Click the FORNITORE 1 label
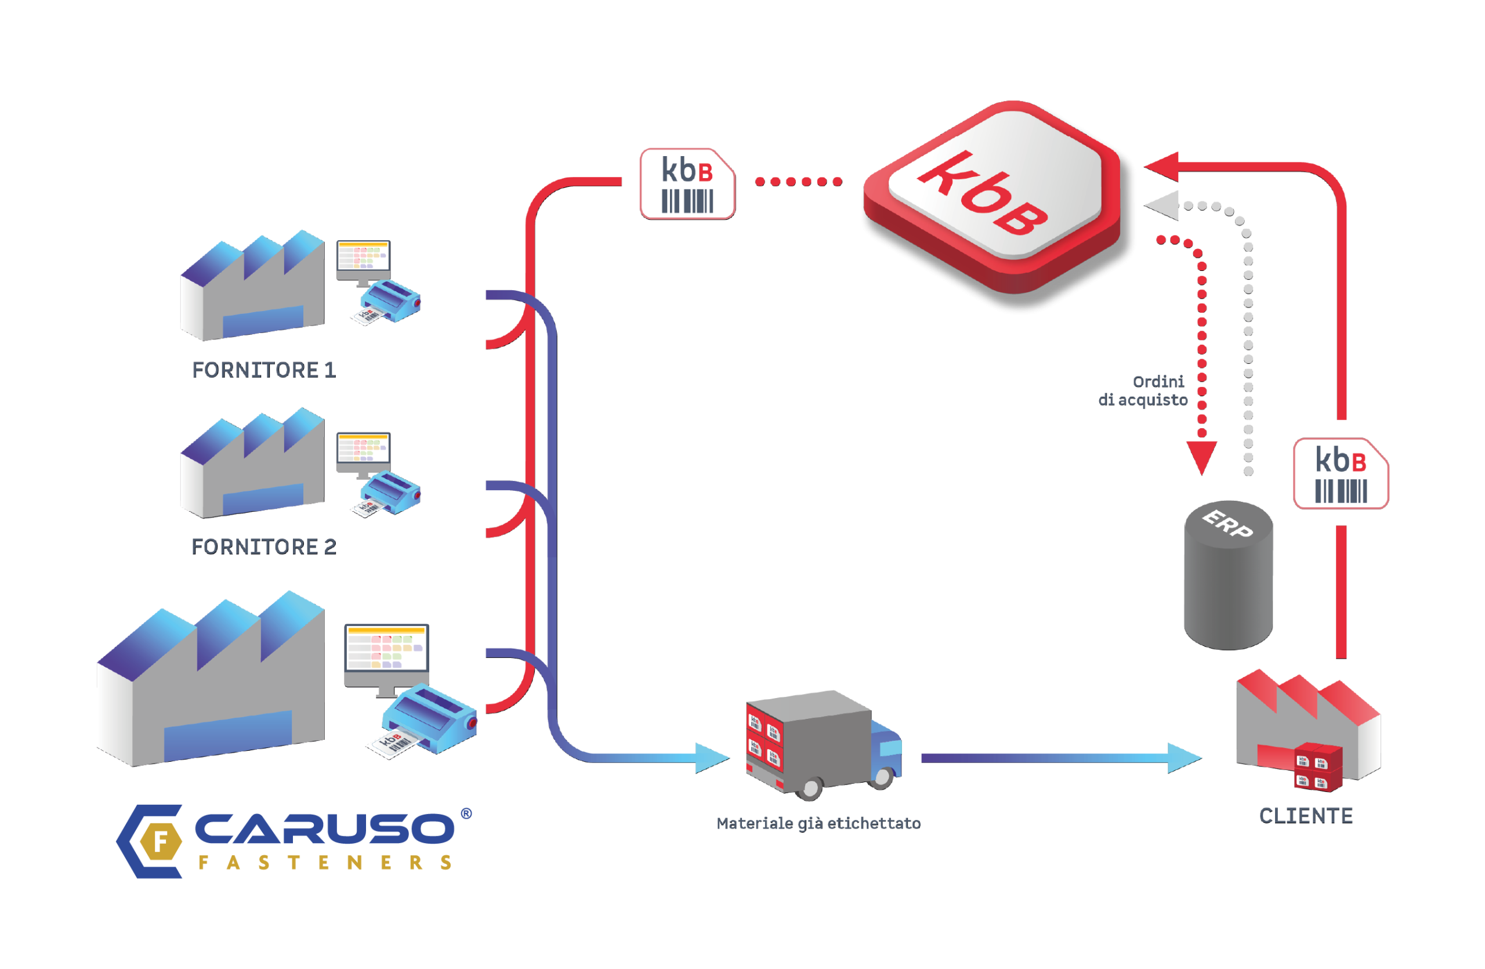click(264, 370)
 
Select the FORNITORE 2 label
click(264, 547)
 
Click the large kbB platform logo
click(992, 197)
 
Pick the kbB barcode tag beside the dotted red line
click(687, 183)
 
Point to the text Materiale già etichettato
click(818, 823)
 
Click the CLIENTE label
click(1305, 815)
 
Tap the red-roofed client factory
click(1307, 727)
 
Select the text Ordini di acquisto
click(1144, 391)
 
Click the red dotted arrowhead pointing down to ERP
click(1201, 457)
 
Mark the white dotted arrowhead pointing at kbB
click(1162, 205)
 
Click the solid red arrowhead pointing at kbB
click(1162, 167)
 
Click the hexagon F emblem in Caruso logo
click(160, 841)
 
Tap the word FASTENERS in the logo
click(325, 862)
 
